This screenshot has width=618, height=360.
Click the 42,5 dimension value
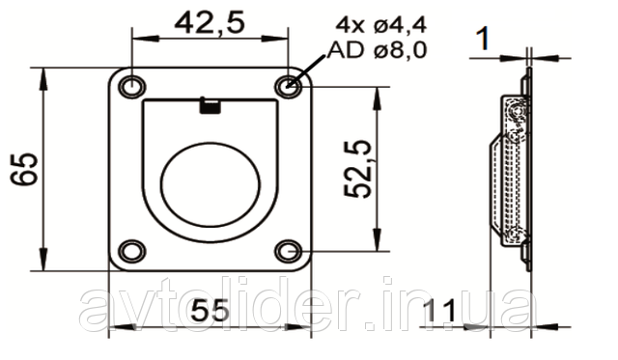(x=210, y=23)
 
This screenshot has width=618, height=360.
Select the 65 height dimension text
(x=24, y=169)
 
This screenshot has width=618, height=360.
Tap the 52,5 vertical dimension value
(x=358, y=169)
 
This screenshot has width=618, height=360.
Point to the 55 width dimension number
(x=210, y=310)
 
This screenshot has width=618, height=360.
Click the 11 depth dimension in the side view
(x=441, y=311)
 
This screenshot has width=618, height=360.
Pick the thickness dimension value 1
(x=483, y=39)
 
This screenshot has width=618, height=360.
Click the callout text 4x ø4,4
(x=381, y=26)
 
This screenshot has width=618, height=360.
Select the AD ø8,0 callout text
(x=378, y=50)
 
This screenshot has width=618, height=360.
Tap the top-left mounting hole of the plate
(x=132, y=86)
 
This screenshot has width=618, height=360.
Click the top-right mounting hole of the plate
(x=289, y=86)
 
